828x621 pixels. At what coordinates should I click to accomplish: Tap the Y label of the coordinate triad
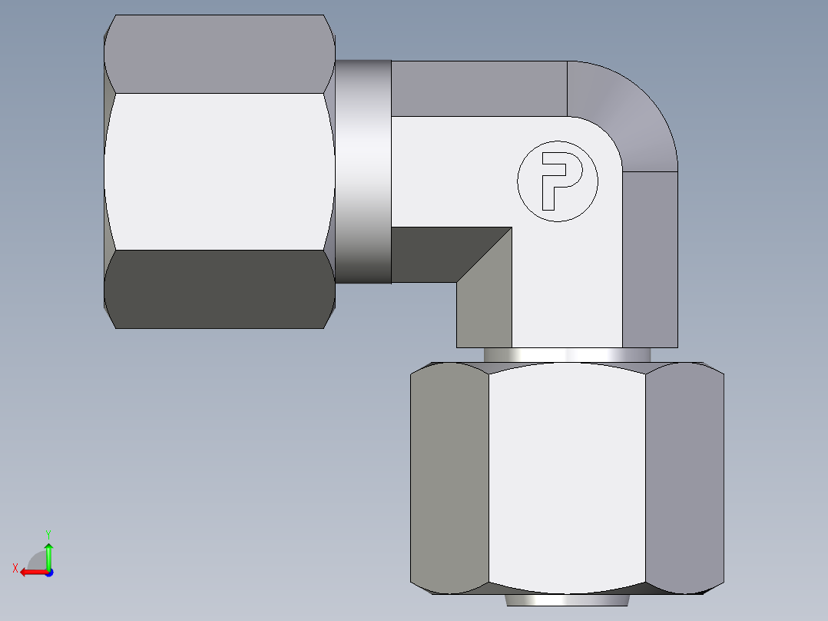click(48, 533)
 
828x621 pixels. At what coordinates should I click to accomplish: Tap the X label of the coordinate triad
click(15, 568)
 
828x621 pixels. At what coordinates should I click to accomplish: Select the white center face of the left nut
click(219, 171)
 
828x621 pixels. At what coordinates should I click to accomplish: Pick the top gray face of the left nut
click(219, 54)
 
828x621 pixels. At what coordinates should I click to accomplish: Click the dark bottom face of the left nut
click(219, 290)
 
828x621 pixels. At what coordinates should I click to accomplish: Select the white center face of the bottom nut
click(567, 477)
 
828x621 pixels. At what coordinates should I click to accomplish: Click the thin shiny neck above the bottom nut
click(567, 354)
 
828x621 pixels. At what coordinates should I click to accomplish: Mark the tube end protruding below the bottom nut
click(567, 600)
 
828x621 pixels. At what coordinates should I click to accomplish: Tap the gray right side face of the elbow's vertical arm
click(650, 257)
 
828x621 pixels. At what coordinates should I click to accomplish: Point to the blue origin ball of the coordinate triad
click(48, 573)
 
